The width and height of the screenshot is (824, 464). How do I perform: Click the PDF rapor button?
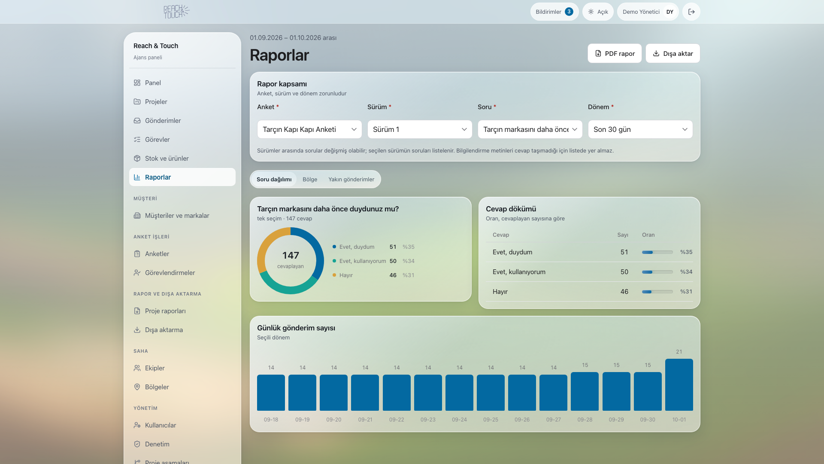click(615, 53)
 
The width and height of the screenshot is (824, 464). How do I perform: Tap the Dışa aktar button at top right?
click(673, 53)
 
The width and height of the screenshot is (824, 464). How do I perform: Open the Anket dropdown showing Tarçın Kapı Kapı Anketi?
click(309, 129)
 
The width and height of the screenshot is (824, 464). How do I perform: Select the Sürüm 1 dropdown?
click(420, 129)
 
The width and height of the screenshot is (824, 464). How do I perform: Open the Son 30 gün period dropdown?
click(640, 129)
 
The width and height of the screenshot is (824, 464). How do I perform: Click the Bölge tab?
click(310, 179)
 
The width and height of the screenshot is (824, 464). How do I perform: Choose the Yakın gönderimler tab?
click(351, 179)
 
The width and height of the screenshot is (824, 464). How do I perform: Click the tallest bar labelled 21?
click(679, 385)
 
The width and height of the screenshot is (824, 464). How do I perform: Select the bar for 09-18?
click(271, 393)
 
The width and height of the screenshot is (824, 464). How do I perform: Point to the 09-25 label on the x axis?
click(491, 420)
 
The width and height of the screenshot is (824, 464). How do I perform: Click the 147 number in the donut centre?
click(291, 255)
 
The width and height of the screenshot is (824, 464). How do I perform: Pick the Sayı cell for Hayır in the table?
click(624, 291)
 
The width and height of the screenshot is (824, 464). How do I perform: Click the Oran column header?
click(648, 235)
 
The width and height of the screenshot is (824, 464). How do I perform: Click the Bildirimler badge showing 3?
click(569, 12)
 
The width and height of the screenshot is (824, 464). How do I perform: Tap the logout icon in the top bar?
click(691, 12)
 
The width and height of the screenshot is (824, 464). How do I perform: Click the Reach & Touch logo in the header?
click(176, 12)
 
